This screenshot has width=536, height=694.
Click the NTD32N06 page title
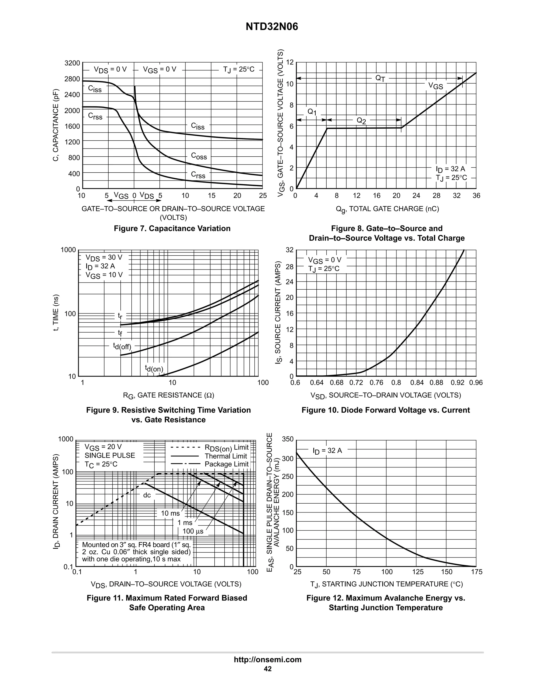[272, 27]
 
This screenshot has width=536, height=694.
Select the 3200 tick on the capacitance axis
[72, 63]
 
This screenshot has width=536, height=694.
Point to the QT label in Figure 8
[380, 78]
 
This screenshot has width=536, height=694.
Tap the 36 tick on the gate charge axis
[476, 196]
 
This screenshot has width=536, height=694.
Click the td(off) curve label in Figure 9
[122, 346]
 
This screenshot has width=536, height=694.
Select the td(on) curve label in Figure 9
[154, 369]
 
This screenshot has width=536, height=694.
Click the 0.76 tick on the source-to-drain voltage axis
[377, 383]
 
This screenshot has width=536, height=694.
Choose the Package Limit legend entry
[226, 464]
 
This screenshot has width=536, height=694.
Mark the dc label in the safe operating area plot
[147, 495]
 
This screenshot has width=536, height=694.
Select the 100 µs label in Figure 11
[193, 531]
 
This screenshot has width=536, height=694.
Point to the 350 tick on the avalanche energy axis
[288, 439]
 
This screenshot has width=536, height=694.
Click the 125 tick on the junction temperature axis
[418, 572]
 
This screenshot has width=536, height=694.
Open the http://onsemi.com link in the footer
[268, 659]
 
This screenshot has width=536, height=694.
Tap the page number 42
[268, 669]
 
